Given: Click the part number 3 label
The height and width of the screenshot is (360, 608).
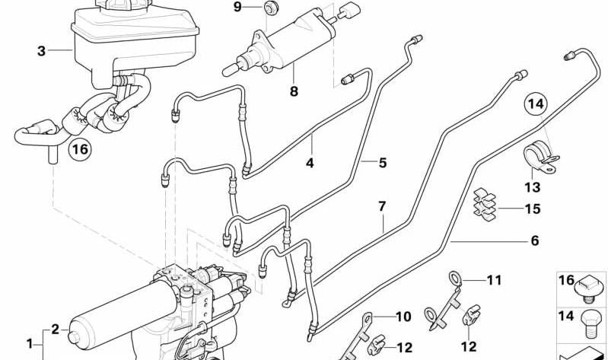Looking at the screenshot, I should [x=41, y=52].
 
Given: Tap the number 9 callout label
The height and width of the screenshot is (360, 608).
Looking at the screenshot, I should [x=237, y=8].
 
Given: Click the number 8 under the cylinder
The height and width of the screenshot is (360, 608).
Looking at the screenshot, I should [x=294, y=92].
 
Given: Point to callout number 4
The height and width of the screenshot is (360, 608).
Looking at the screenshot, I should [x=310, y=162].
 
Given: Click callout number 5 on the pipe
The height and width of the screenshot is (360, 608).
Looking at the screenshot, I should [x=383, y=162].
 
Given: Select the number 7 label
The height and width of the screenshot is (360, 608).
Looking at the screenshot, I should [x=383, y=206].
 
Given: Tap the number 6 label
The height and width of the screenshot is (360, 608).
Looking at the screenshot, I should [x=534, y=241].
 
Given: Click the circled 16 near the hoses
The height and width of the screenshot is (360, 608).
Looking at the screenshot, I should [x=80, y=150].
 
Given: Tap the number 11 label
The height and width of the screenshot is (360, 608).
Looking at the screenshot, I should [x=495, y=281].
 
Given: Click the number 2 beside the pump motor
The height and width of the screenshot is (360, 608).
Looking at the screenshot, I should [x=55, y=330].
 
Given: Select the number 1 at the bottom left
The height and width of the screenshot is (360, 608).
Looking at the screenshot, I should [x=30, y=343].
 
